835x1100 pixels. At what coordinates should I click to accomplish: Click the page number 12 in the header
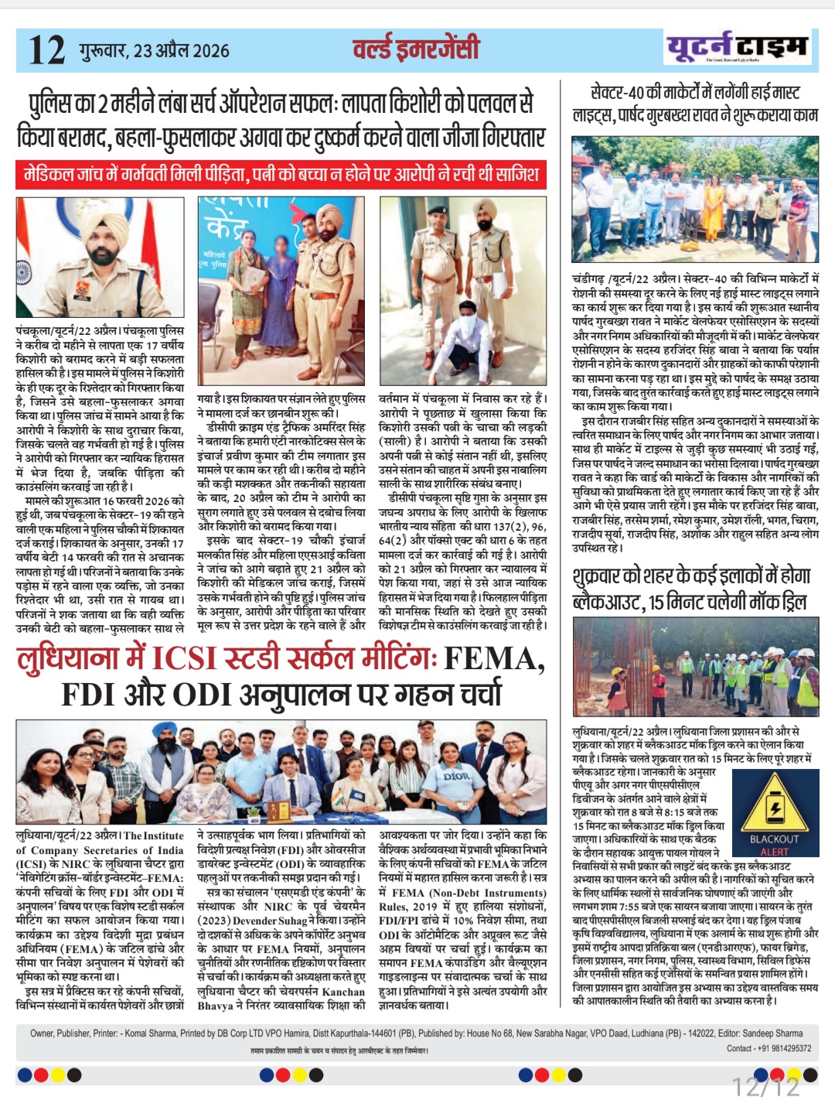46,50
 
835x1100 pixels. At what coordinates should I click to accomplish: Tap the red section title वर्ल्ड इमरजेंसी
415,50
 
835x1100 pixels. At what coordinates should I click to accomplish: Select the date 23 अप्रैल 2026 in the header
182,51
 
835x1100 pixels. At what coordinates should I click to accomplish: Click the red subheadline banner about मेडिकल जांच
281,173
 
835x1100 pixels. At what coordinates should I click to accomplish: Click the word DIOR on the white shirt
456,775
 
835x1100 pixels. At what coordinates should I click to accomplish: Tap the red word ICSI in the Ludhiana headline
185,658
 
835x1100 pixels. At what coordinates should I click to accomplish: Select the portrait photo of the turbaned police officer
100,257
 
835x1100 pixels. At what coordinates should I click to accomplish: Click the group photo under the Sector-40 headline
695,200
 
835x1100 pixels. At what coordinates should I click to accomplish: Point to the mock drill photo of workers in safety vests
695,667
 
